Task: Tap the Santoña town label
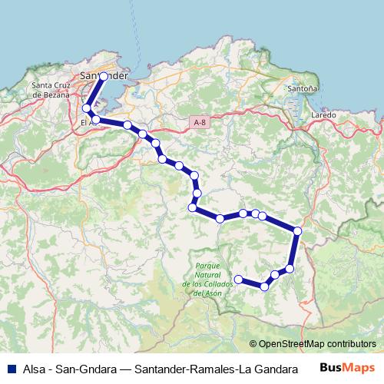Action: tap(301, 89)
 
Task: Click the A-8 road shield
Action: tap(200, 121)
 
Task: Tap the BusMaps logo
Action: tap(353, 368)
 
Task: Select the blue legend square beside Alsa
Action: tap(10, 368)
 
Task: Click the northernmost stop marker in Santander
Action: tap(104, 77)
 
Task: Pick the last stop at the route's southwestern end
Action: tap(237, 279)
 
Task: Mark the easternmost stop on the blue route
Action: tap(297, 231)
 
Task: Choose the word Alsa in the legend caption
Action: tap(34, 368)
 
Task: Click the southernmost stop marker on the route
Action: tap(264, 286)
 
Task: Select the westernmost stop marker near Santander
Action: tap(86, 108)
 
